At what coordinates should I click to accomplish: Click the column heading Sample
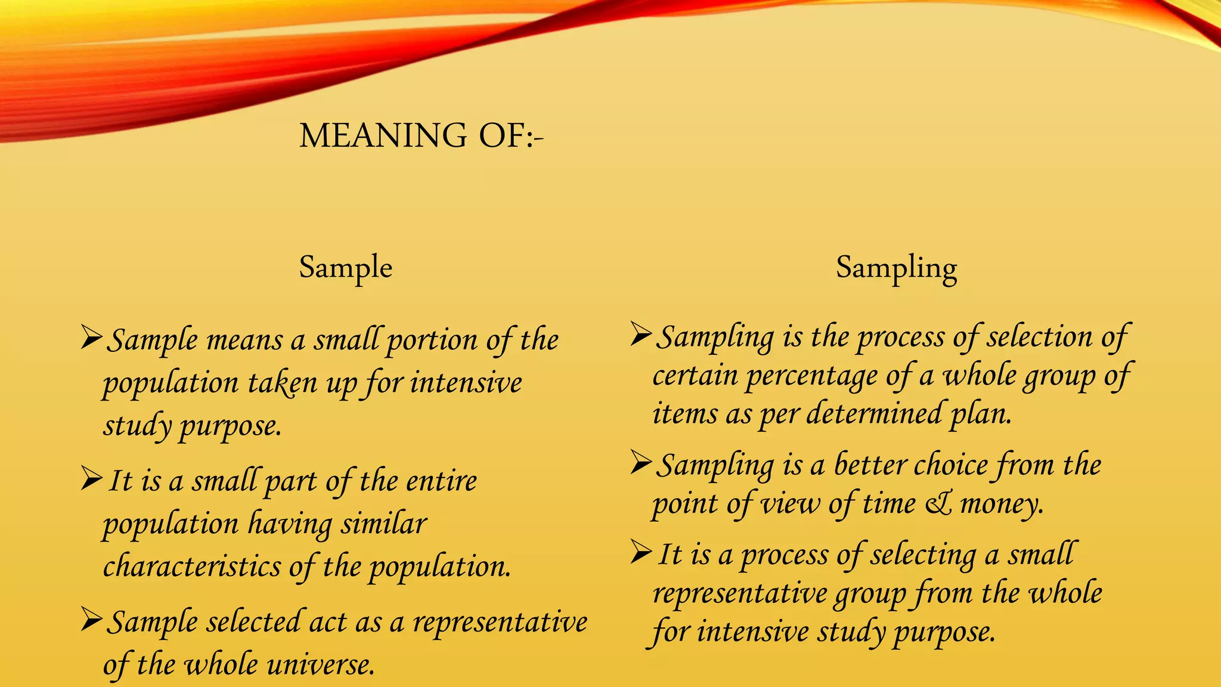pyautogui.click(x=346, y=267)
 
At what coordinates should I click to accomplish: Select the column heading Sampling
pyautogui.click(x=896, y=267)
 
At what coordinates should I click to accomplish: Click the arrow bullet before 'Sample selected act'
pyautogui.click(x=92, y=620)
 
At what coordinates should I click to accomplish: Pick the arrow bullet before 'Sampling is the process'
pyautogui.click(x=642, y=334)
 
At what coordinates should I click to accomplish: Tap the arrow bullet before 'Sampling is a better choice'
pyautogui.click(x=642, y=462)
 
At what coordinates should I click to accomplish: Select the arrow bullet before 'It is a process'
pyautogui.click(x=642, y=552)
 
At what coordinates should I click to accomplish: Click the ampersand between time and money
pyautogui.click(x=938, y=504)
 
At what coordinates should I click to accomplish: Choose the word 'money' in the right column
pyautogui.click(x=1002, y=504)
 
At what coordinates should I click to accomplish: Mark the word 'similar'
pyautogui.click(x=384, y=524)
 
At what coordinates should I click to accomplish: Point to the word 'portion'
pyautogui.click(x=432, y=341)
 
